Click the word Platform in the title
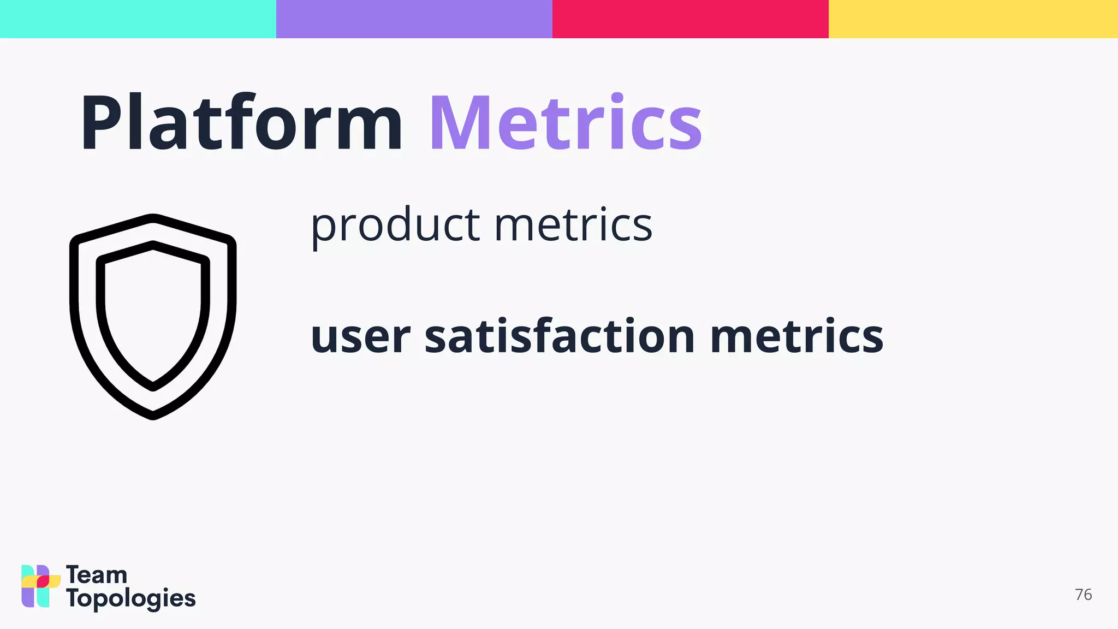click(x=241, y=123)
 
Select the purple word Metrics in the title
click(x=566, y=123)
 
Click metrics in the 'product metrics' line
click(x=573, y=225)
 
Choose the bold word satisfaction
click(x=560, y=335)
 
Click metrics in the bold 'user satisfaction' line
click(x=796, y=336)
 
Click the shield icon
click(x=153, y=317)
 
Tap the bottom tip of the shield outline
click(x=153, y=416)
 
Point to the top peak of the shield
click(x=153, y=218)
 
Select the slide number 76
click(x=1083, y=595)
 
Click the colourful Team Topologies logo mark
click(x=40, y=586)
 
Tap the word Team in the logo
click(x=97, y=575)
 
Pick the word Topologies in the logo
click(x=130, y=599)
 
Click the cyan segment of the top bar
click(x=138, y=19)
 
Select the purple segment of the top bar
click(x=414, y=19)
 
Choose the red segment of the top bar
click(x=691, y=19)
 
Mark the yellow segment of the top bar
click(x=973, y=19)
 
